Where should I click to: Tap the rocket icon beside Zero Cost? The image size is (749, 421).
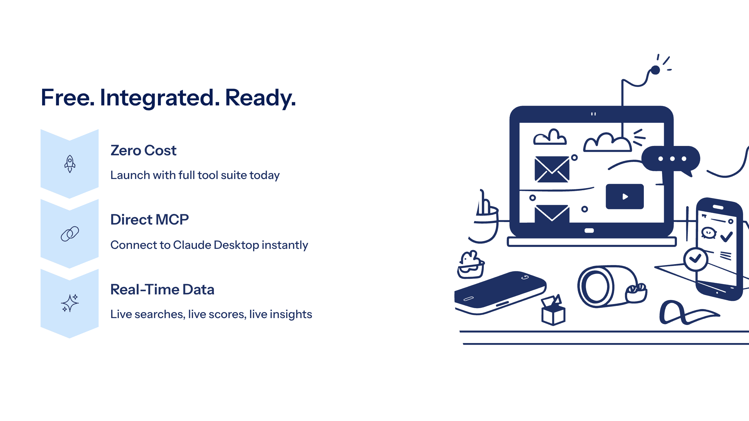70,164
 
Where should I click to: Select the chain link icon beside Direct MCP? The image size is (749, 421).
70,234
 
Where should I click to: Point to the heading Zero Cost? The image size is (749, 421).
144,151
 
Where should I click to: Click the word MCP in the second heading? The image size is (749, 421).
172,220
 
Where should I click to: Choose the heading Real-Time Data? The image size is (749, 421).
162,289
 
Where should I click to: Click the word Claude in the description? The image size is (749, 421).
192,245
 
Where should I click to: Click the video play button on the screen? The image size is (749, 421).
625,196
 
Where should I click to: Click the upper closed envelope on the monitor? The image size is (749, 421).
552,169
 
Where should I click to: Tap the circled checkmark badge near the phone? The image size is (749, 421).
696,259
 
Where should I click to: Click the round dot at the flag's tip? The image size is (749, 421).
655,70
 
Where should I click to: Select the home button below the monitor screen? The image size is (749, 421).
589,231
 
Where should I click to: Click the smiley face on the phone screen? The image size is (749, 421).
709,233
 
